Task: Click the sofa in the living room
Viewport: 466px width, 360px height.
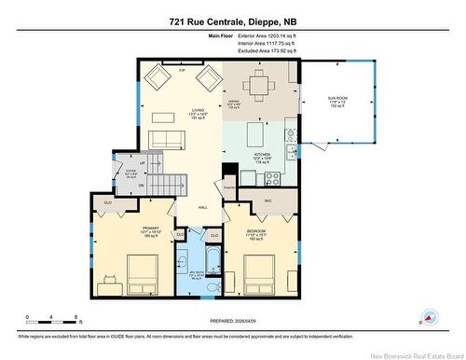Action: tap(168, 141)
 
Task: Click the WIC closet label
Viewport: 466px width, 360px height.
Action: tap(267, 201)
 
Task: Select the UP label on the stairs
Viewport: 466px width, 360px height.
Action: tap(130, 160)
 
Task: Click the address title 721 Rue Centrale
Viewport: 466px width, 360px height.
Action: tap(233, 21)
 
